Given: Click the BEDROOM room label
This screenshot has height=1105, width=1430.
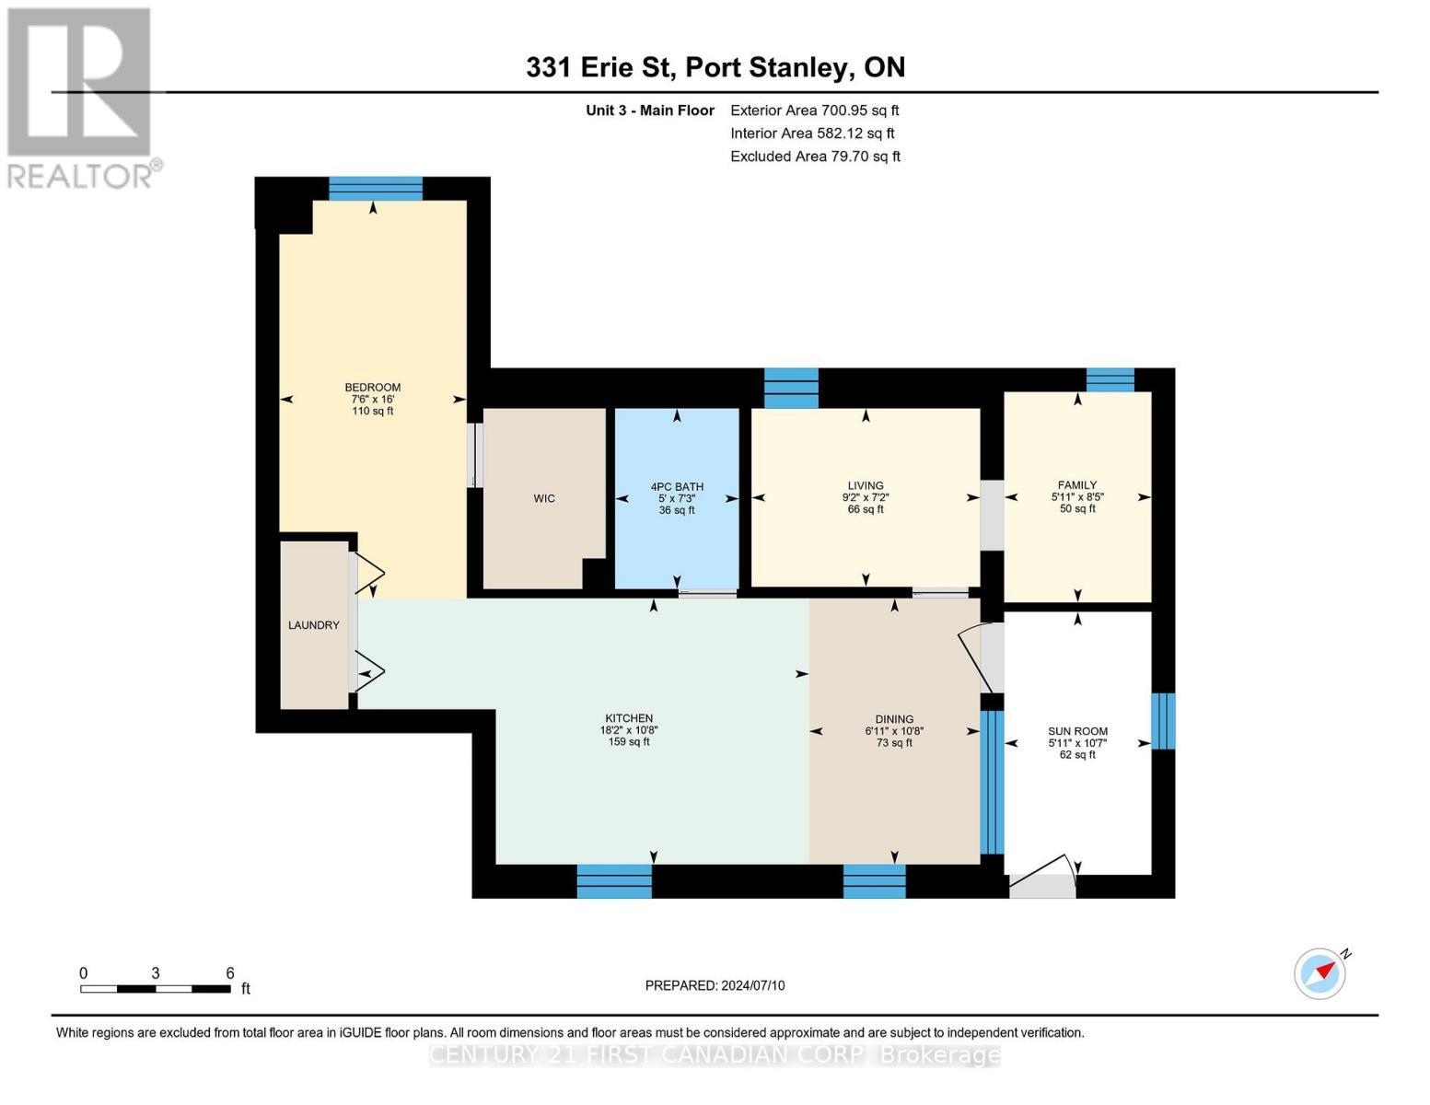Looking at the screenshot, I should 373,388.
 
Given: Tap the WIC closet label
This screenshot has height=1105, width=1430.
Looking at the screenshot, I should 544,499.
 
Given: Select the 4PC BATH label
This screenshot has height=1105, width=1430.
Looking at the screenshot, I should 677,487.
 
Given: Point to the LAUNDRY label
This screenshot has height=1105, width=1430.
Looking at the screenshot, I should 314,625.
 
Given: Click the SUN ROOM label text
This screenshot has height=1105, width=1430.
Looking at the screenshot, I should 1077,731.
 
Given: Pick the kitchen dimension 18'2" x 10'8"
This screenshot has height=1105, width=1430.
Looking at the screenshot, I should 629,730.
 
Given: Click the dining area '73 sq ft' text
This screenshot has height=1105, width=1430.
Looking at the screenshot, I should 894,743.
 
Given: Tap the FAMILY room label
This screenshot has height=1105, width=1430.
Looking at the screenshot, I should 1077,485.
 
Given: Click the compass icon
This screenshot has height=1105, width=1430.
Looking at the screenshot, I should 1320,973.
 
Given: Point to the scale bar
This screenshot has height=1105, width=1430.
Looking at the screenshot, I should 155,989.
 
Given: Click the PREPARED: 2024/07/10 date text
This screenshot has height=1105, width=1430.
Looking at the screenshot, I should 715,985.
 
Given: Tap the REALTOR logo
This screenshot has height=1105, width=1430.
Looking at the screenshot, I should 81,97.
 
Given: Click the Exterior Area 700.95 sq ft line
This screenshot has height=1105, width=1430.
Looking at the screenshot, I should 814,110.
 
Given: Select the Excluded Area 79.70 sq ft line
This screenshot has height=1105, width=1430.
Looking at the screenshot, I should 815,157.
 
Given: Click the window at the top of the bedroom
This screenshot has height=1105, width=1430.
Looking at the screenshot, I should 376,189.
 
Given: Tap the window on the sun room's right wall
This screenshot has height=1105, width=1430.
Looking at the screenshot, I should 1163,721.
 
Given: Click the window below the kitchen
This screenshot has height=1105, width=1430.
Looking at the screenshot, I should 614,881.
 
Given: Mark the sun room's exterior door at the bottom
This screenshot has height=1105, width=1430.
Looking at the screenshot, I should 1042,884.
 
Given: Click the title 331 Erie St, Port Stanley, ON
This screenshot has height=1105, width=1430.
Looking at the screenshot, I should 715,67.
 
